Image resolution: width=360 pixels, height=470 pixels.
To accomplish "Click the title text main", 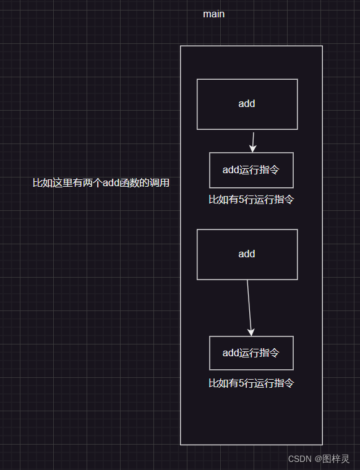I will (x=213, y=14).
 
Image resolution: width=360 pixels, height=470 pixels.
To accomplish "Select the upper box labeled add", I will (x=247, y=104).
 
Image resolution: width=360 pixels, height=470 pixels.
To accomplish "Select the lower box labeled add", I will (x=247, y=254).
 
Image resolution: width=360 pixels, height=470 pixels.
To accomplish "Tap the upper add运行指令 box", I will (x=251, y=170).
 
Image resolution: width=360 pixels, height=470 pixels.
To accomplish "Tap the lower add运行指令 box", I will (x=251, y=353).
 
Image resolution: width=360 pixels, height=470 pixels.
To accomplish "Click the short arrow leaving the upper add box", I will (x=253, y=140).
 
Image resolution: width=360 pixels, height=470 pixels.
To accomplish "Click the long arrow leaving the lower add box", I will (x=249, y=306).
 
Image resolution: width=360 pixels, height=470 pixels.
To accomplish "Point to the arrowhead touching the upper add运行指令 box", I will (x=252, y=148).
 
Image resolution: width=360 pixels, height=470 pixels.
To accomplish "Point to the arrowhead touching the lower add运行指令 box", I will (x=251, y=332).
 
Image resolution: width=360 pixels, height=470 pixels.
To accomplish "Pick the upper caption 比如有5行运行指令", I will (x=251, y=200).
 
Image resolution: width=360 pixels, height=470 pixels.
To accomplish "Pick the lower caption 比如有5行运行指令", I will (x=251, y=383).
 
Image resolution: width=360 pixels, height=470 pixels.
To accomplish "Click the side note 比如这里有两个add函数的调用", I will (x=101, y=183).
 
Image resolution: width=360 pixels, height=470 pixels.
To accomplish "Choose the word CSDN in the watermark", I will (x=300, y=459).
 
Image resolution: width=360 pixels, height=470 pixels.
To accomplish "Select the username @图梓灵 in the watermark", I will (x=332, y=459).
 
